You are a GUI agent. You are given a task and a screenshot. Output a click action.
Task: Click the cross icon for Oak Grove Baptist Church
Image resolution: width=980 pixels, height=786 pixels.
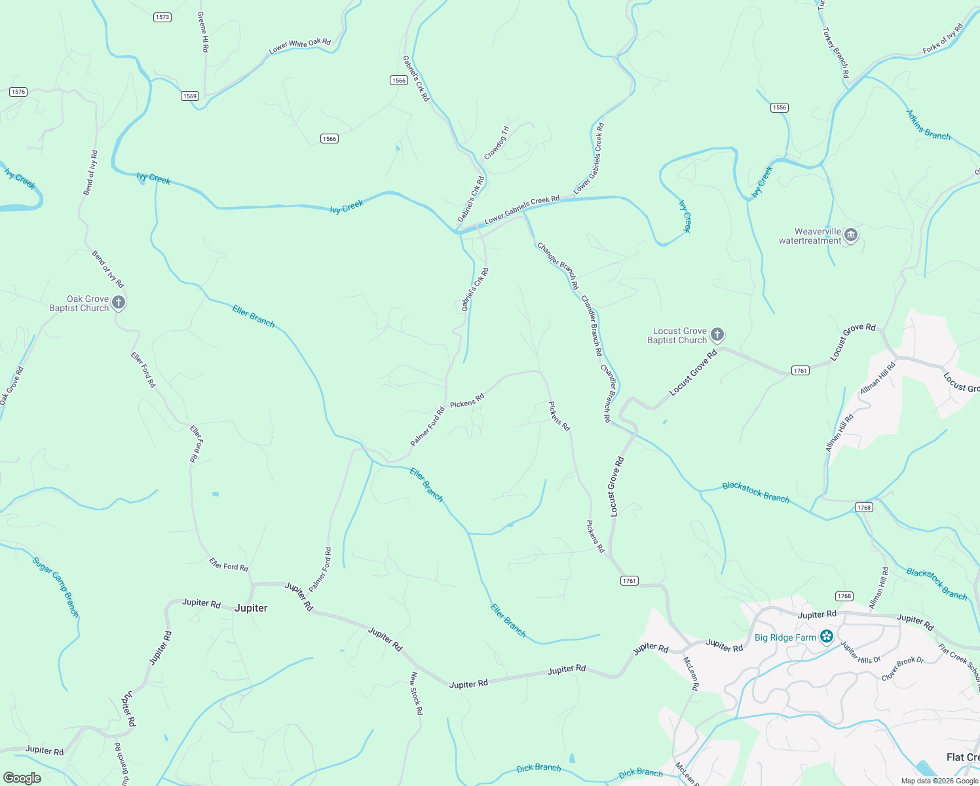coord(119,303)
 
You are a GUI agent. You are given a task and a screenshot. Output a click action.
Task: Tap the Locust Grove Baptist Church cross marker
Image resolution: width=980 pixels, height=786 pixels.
coord(717,335)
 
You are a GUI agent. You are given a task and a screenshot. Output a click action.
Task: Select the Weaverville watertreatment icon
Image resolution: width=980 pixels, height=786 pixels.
coord(851,235)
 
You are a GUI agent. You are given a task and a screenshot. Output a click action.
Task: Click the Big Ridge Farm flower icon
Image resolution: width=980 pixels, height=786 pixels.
coord(827,637)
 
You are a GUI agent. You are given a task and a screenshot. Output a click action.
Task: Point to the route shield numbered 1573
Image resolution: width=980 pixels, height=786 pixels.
coord(162,17)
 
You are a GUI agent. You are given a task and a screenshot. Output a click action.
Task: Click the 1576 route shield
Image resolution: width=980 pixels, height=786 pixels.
coord(18,92)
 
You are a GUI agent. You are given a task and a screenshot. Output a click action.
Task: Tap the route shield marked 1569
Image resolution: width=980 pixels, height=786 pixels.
coord(190,96)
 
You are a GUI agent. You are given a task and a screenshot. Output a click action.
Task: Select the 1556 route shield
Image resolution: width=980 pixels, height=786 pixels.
coord(779,107)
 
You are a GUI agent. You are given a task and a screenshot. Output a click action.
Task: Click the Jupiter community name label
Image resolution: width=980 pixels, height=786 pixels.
coord(251,608)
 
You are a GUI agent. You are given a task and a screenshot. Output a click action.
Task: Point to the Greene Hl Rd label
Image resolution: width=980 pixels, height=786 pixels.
coord(204,31)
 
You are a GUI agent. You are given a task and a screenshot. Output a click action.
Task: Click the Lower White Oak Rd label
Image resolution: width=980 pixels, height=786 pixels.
coord(300,46)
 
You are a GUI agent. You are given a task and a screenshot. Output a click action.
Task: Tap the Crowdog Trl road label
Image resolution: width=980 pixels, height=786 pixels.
coord(496,143)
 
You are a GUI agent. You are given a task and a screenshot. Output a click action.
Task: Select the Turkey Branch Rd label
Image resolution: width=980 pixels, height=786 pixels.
coord(836,52)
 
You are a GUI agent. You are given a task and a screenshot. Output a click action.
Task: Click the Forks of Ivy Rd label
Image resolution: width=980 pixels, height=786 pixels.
coord(943,39)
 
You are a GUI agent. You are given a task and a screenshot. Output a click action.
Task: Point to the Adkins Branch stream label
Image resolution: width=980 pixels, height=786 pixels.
coord(928,124)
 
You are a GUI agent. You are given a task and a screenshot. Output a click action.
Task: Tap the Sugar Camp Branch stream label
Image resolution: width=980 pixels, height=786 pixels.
coord(56,586)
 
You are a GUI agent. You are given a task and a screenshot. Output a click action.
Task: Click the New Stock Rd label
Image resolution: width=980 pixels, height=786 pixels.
coord(416,692)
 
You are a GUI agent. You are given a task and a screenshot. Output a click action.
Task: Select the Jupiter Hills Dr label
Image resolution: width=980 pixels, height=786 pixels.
coord(860,653)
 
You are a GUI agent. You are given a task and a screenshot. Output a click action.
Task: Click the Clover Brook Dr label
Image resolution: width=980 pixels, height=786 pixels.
coord(903,668)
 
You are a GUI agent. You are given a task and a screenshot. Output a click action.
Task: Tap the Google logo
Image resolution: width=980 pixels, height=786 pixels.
coord(22,777)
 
